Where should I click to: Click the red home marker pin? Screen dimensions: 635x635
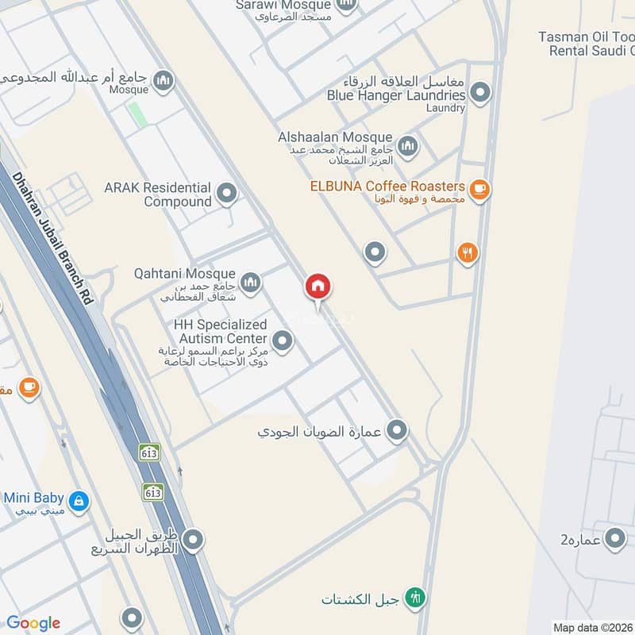tap(318, 287)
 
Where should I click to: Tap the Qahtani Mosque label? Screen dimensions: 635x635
tap(187, 274)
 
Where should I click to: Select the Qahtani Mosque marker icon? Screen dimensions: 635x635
tap(251, 282)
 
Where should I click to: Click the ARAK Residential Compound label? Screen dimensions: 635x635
tap(158, 194)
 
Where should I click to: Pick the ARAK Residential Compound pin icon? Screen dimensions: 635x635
tap(227, 193)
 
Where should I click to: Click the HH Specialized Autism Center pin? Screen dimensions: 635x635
tap(283, 342)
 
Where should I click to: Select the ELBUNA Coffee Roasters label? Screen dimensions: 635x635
tap(387, 186)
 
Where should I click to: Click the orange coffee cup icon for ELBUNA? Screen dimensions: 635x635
tap(479, 189)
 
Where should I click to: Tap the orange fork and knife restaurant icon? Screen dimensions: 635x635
tap(468, 253)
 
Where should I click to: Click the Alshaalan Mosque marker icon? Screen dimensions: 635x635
tap(407, 145)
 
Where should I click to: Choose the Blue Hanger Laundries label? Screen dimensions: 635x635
tap(396, 94)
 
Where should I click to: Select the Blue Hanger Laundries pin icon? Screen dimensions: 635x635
tap(479, 94)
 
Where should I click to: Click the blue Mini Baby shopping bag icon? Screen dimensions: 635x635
tap(79, 501)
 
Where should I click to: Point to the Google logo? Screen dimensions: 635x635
tap(33, 623)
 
